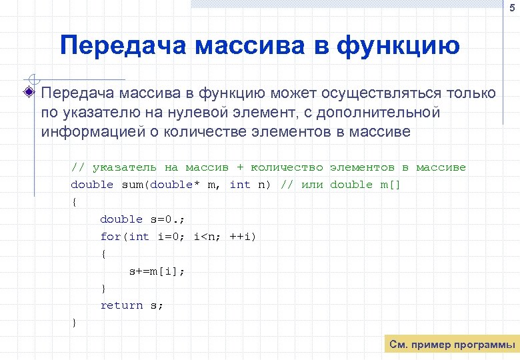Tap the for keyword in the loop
111,237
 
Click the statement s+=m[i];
157,271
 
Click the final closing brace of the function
74,323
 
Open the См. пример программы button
452,345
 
